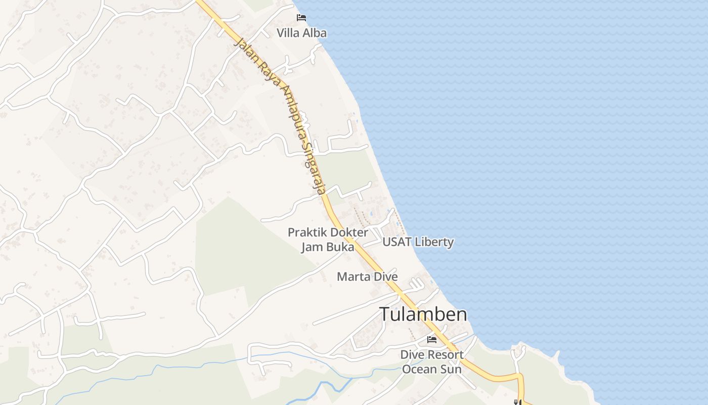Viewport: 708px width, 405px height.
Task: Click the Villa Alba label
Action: click(x=301, y=33)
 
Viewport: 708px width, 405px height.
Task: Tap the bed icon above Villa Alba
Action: click(x=301, y=18)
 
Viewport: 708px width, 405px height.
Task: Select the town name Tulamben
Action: click(x=423, y=314)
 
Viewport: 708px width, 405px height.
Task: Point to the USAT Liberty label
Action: click(x=418, y=242)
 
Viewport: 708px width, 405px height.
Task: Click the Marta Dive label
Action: click(x=367, y=277)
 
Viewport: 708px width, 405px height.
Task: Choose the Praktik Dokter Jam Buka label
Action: click(x=328, y=239)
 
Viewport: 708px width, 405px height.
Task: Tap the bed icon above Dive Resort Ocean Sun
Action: click(x=432, y=339)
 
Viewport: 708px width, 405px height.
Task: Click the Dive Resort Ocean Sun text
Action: click(x=432, y=361)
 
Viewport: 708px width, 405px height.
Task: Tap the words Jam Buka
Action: click(x=328, y=247)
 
